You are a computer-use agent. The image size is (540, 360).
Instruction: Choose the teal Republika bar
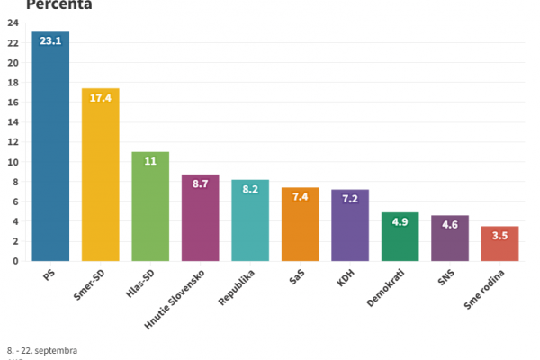coord(250,225)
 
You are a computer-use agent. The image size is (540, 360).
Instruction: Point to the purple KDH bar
coord(350,230)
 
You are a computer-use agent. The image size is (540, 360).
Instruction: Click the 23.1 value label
coord(50,41)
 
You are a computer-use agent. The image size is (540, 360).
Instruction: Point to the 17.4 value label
coord(101,97)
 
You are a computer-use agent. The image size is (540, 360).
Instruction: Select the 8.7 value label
coord(200,184)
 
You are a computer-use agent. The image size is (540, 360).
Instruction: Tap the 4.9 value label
coord(400,221)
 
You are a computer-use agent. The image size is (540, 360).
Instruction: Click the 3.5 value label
coord(499,235)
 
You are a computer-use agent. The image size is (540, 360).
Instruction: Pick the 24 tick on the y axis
coord(13,23)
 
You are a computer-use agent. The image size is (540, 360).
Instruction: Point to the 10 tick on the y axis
coord(13,162)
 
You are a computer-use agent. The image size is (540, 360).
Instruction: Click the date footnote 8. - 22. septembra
coord(42,349)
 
